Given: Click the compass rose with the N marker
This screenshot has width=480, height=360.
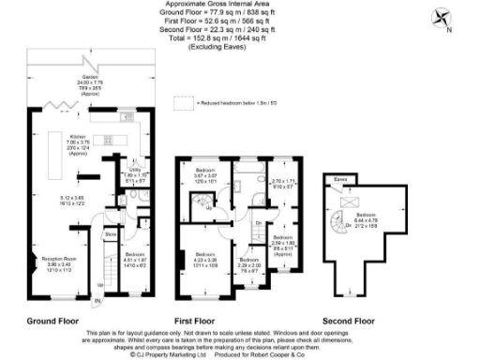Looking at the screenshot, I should pos(438,18).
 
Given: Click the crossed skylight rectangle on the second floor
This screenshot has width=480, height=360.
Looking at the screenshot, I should pos(354,201).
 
